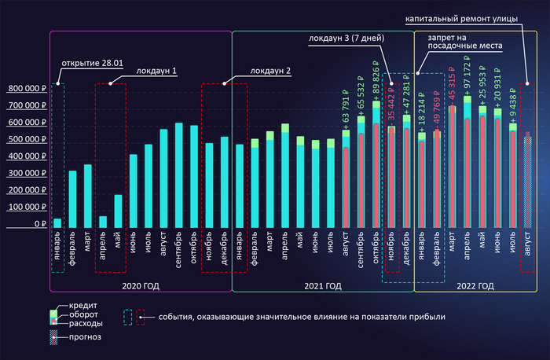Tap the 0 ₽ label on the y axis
(x=38, y=224)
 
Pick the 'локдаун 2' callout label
(x=270, y=70)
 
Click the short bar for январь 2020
(x=57, y=222)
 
